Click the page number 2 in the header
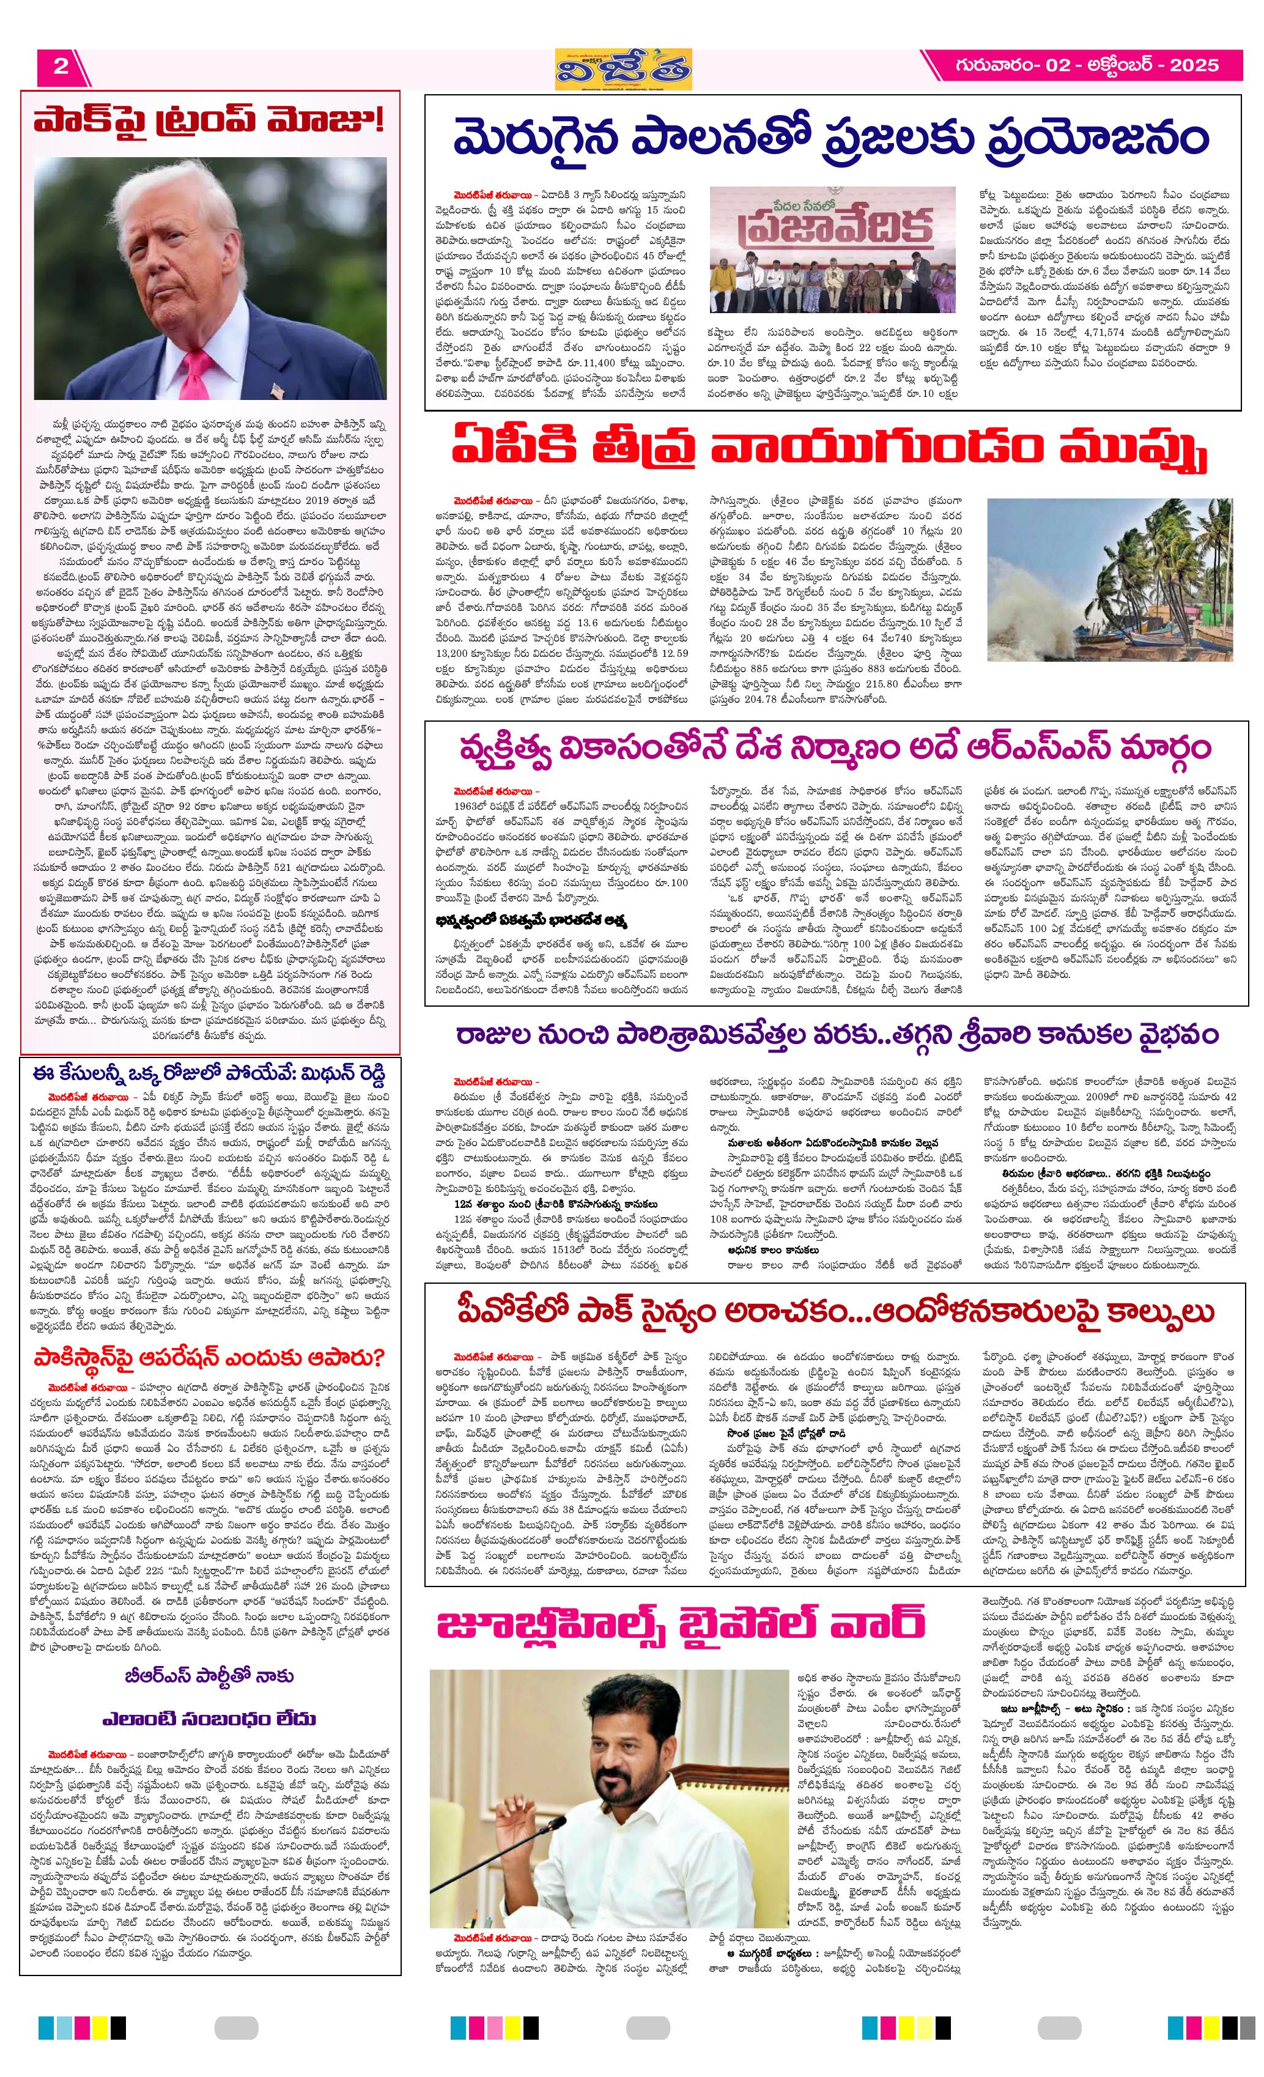click(61, 67)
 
